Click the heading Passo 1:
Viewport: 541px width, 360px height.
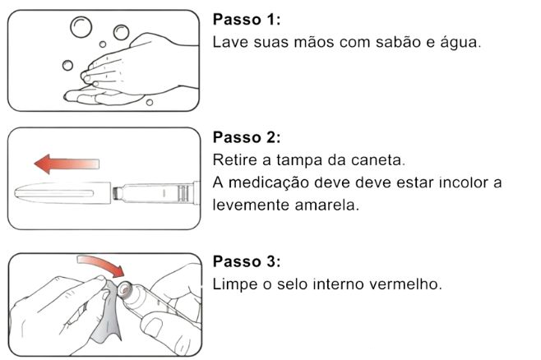[247, 19]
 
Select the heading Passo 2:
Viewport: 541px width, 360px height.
[247, 137]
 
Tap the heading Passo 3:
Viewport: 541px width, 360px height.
[247, 261]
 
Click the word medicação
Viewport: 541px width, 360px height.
[269, 183]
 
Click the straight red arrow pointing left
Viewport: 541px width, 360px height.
[67, 164]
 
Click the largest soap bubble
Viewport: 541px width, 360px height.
[81, 27]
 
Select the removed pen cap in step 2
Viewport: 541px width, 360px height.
[62, 193]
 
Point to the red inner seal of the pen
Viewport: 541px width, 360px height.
[124, 289]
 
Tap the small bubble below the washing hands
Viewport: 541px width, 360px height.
[150, 103]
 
